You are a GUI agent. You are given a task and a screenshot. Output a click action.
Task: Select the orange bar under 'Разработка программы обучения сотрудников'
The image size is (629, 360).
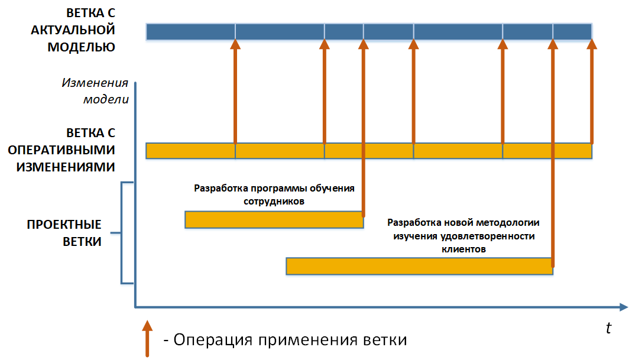point(274,220)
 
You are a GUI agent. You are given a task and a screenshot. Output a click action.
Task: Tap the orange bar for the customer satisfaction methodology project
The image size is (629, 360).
point(419,266)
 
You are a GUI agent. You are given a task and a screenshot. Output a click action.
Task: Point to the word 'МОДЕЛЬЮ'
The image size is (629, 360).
point(81,47)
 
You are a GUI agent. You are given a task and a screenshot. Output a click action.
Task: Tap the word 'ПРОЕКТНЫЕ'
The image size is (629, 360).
point(64,225)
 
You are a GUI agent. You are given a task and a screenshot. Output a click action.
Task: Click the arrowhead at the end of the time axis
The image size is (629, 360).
point(623,307)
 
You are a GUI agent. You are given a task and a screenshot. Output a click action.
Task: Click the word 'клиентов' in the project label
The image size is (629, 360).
point(463,249)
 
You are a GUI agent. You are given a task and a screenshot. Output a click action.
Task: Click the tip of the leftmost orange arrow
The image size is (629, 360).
point(235,43)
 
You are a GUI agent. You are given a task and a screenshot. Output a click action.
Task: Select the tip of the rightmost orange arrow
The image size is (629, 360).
point(592,43)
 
